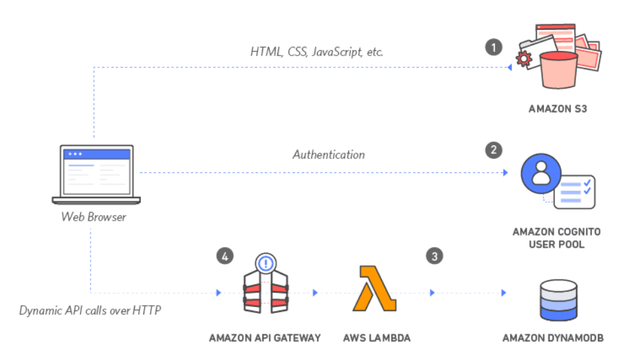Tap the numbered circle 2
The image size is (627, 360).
[x=493, y=151]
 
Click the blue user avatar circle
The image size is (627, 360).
[x=540, y=174]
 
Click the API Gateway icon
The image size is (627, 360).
[x=265, y=288]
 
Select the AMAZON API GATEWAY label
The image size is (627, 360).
[x=265, y=338]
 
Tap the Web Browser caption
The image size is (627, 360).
[x=93, y=216]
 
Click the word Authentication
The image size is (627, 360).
[x=328, y=155]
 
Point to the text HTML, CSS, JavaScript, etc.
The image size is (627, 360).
[x=316, y=52]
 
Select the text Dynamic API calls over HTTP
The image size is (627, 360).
[x=90, y=309]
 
